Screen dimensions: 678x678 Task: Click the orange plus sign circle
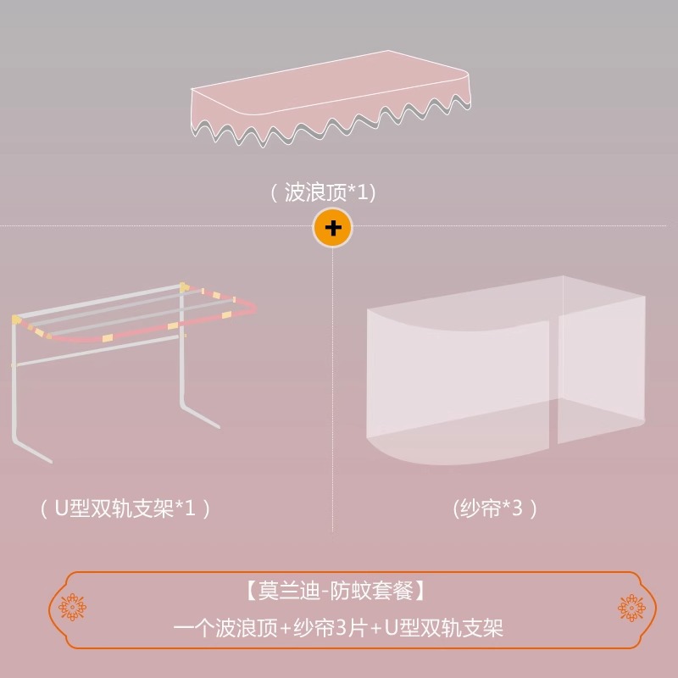332,227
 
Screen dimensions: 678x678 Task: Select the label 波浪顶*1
322,193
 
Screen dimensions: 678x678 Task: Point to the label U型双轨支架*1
125,508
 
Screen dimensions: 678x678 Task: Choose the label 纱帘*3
496,508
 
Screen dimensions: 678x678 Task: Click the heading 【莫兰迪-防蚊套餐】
339,588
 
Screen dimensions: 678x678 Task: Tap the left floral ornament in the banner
72,608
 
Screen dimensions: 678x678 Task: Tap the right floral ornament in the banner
631,608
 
